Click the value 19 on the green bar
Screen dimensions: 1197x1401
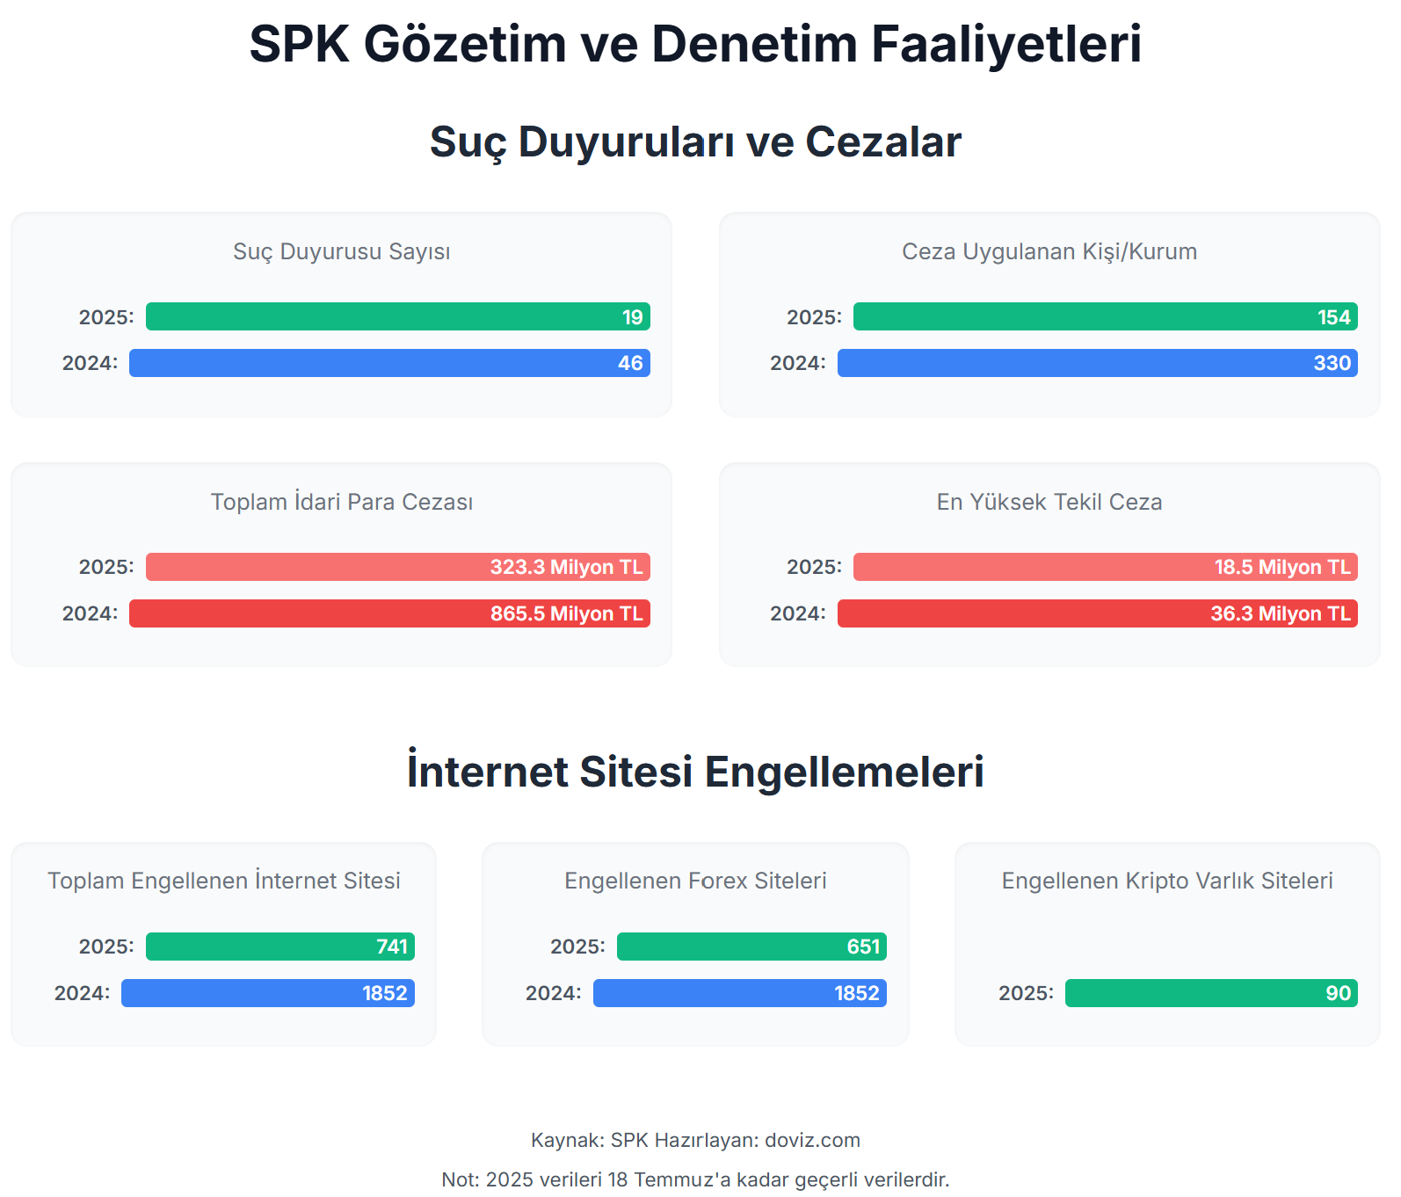tap(632, 317)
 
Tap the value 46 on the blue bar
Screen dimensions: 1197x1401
tap(630, 363)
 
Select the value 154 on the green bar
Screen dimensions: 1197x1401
tap(1333, 317)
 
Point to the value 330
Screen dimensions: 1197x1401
tap(1332, 363)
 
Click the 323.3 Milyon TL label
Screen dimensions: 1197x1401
tap(566, 567)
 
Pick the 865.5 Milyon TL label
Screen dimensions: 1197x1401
tap(566, 613)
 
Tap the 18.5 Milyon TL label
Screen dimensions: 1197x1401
tap(1281, 567)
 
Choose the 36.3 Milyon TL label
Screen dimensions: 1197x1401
tap(1280, 613)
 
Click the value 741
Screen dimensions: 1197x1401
tap(392, 947)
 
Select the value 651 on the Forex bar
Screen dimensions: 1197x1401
tap(863, 947)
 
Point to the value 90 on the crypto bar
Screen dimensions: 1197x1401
tap(1338, 993)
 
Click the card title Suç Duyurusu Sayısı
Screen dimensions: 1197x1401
tap(341, 251)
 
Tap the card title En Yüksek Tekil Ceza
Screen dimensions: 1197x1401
tap(1049, 502)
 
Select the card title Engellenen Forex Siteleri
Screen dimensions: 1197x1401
tap(695, 881)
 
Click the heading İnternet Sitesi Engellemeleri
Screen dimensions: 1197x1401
tap(695, 772)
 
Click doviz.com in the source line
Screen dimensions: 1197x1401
tap(812, 1140)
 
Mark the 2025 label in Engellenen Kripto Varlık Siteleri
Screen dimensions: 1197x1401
tap(1025, 993)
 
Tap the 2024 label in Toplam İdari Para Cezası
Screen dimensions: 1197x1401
tap(89, 613)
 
